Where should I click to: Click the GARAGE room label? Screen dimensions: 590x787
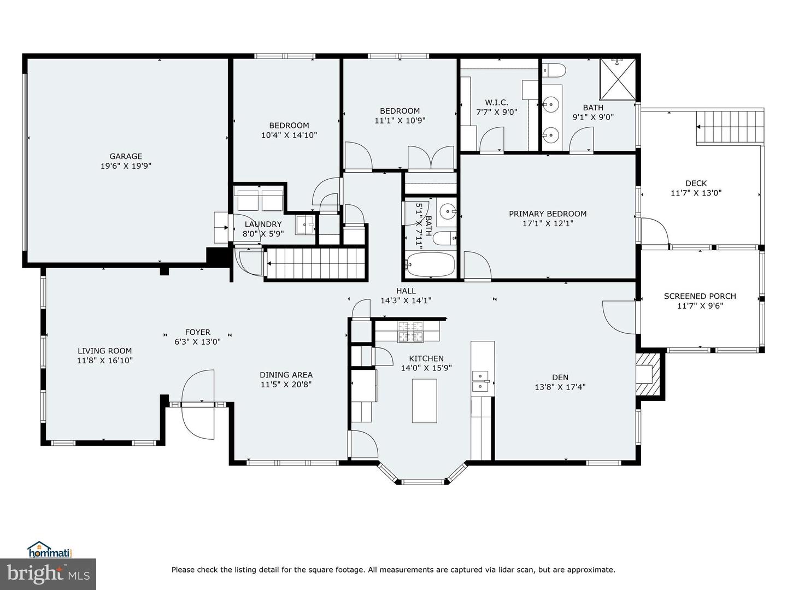click(x=126, y=156)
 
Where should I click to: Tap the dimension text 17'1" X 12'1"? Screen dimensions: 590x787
click(x=548, y=223)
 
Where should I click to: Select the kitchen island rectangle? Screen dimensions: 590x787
click(x=425, y=400)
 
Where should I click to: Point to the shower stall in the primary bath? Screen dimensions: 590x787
click(x=618, y=80)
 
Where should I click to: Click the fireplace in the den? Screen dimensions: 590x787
click(x=650, y=375)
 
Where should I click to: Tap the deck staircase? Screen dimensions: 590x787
click(x=730, y=127)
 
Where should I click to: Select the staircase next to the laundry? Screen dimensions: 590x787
click(x=315, y=264)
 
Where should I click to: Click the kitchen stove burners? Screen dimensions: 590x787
click(x=410, y=331)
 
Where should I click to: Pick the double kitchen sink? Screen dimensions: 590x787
click(x=480, y=381)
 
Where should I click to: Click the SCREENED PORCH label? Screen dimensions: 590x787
click(x=700, y=296)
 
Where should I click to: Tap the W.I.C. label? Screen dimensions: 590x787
click(x=496, y=103)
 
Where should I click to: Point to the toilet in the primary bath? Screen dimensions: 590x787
click(x=555, y=70)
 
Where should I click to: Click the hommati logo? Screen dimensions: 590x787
click(x=49, y=550)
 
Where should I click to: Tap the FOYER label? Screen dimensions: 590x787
click(x=197, y=332)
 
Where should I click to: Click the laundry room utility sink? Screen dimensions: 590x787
click(x=306, y=225)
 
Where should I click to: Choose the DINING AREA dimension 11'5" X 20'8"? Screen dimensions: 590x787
click(x=286, y=384)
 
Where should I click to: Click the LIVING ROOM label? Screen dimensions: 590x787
click(x=104, y=351)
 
